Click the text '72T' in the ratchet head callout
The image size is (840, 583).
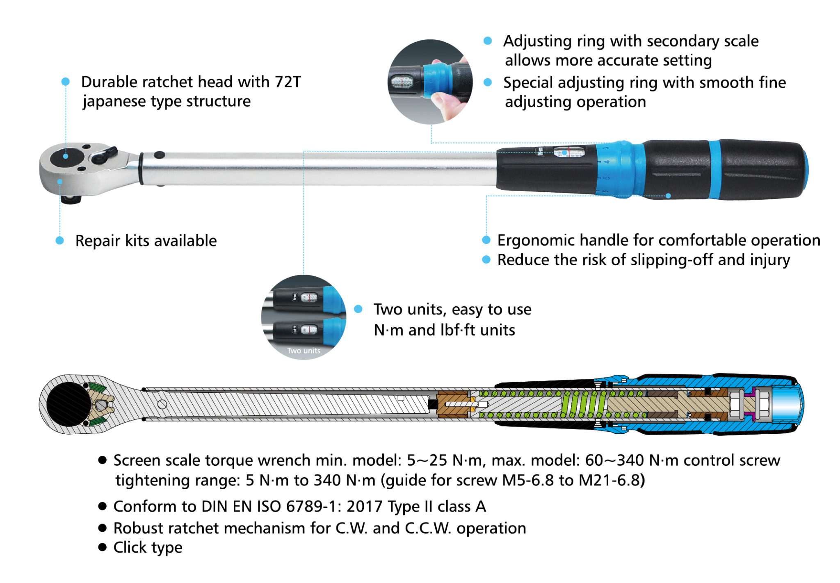288,82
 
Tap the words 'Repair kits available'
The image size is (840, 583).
146,241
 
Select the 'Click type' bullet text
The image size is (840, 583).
148,548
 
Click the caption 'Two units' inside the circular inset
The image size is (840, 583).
304,351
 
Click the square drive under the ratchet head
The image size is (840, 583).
71,200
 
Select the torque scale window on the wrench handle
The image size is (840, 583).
568,152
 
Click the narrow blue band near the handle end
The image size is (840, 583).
714,169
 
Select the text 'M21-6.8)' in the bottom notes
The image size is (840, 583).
612,481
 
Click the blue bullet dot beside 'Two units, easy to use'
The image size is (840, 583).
358,309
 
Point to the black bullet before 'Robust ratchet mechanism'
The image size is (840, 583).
103,528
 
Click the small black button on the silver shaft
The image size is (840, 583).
160,155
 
